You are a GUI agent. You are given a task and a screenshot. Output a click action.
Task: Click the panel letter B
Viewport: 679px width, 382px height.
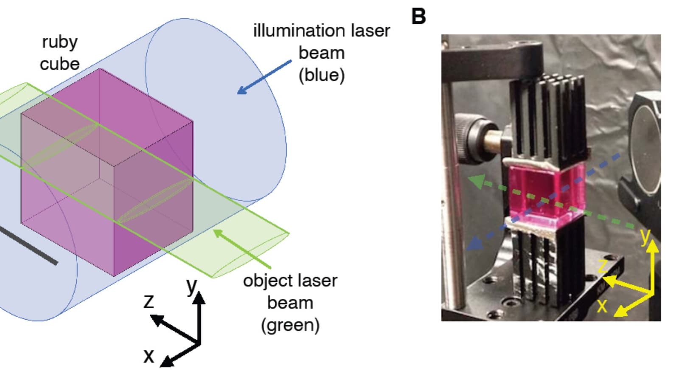(x=418, y=17)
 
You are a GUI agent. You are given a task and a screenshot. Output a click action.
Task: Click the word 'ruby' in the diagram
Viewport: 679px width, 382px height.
(x=60, y=42)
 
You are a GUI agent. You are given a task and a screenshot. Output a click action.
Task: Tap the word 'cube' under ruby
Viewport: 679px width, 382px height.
(x=60, y=64)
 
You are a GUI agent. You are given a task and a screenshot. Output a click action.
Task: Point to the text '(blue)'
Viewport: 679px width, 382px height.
(x=322, y=75)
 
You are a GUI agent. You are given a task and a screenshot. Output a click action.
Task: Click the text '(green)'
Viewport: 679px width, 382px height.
(x=290, y=325)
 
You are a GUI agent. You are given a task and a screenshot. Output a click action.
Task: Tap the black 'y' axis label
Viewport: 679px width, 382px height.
(x=192, y=286)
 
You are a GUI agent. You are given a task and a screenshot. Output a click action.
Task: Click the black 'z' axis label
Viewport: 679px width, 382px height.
(x=149, y=301)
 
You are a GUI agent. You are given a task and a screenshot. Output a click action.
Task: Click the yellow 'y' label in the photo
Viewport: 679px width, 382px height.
(x=645, y=236)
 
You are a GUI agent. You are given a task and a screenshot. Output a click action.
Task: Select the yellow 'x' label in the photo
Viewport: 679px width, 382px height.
(x=602, y=305)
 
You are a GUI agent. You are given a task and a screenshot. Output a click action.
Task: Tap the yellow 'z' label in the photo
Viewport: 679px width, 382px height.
(x=603, y=266)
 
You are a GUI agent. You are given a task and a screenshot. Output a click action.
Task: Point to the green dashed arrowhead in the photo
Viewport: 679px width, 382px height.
(x=474, y=181)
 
